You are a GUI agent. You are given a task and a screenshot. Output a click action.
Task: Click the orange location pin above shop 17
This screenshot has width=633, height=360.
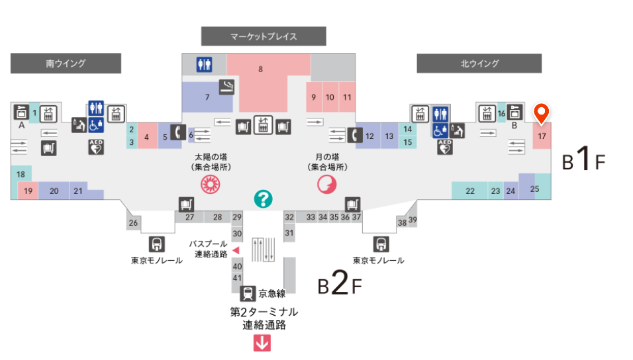[x=542, y=114]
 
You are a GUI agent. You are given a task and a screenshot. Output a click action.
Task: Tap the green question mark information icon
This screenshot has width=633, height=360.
[x=264, y=198]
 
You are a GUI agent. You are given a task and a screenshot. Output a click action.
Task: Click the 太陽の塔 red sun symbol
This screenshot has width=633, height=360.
[x=210, y=184]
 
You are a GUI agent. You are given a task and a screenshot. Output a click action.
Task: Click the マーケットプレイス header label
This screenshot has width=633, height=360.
[x=264, y=36]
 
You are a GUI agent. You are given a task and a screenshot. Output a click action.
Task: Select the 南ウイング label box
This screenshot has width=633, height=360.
[x=66, y=64]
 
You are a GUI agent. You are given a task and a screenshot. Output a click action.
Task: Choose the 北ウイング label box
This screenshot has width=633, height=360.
[x=479, y=64]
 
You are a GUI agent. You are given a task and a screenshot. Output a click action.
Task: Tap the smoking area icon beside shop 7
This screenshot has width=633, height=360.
[x=227, y=87]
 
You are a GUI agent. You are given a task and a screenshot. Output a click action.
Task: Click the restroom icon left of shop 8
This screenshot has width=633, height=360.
[x=204, y=64]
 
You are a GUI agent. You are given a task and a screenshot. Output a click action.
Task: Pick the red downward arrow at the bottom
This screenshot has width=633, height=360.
[x=263, y=343]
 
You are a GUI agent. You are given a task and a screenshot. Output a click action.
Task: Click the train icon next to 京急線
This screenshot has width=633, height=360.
[x=248, y=293]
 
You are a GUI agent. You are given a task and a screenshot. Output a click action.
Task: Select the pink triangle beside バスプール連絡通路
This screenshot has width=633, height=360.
[x=236, y=250]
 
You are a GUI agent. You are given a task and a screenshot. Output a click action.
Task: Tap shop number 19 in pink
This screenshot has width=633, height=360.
[x=28, y=191]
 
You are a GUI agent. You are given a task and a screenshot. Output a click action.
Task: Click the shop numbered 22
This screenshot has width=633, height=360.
[x=470, y=191]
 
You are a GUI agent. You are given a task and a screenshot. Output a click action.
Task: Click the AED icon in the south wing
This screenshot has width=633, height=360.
[x=96, y=147]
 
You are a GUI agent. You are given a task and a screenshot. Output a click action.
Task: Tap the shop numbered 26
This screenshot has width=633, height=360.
[x=133, y=223]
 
